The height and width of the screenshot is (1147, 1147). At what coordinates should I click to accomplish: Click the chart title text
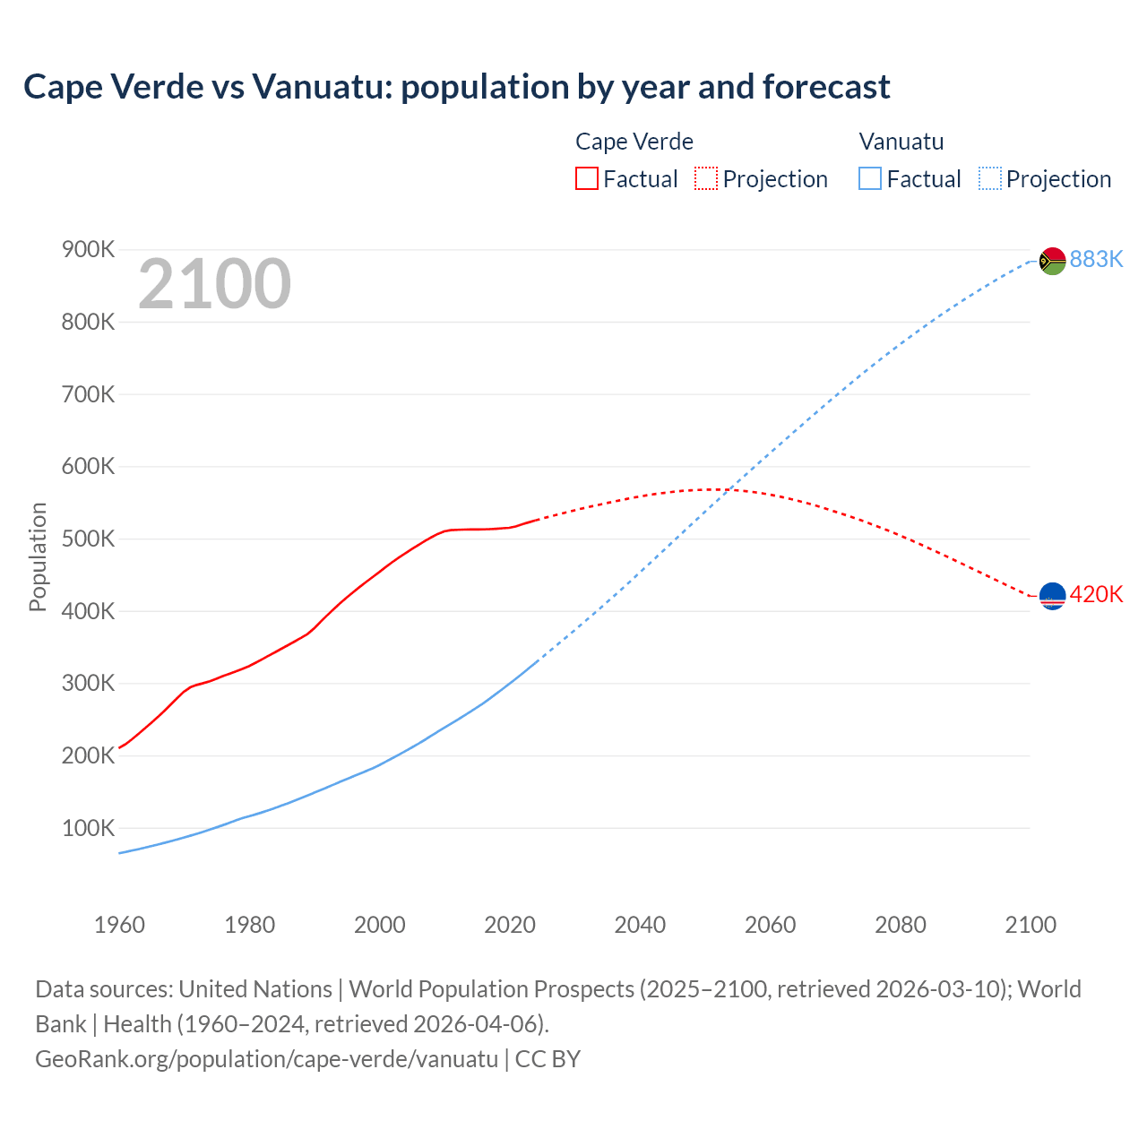(456, 87)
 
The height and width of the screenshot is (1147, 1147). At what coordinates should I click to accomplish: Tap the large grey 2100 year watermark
(214, 284)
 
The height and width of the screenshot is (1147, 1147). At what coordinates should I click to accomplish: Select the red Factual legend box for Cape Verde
(586, 178)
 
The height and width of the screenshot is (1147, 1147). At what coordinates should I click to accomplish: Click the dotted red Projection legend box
(706, 178)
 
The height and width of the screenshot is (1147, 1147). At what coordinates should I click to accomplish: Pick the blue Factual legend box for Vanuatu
(869, 178)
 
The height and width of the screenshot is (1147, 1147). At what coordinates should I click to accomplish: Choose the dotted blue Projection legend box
(989, 178)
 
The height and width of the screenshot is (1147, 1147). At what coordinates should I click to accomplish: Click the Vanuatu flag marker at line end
(1052, 261)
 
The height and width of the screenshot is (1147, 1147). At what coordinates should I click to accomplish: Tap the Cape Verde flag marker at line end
(1052, 596)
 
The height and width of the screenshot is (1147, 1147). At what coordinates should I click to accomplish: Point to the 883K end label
(1096, 259)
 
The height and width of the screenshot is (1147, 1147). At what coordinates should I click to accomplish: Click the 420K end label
(1096, 594)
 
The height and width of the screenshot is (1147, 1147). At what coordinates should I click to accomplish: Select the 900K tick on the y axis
(88, 249)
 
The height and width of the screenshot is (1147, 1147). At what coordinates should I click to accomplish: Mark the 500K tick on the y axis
(88, 539)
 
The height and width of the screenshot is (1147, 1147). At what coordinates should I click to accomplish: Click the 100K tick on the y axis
(88, 828)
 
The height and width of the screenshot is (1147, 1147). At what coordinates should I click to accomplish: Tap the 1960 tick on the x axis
(119, 925)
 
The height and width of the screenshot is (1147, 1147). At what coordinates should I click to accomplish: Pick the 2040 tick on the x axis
(640, 925)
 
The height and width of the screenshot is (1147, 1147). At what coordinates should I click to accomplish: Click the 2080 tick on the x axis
(900, 925)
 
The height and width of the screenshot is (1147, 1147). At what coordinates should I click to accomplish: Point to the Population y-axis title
(38, 556)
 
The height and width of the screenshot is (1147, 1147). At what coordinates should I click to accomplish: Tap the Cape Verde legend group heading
(634, 142)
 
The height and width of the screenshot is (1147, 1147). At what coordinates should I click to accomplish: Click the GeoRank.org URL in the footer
(266, 1058)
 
